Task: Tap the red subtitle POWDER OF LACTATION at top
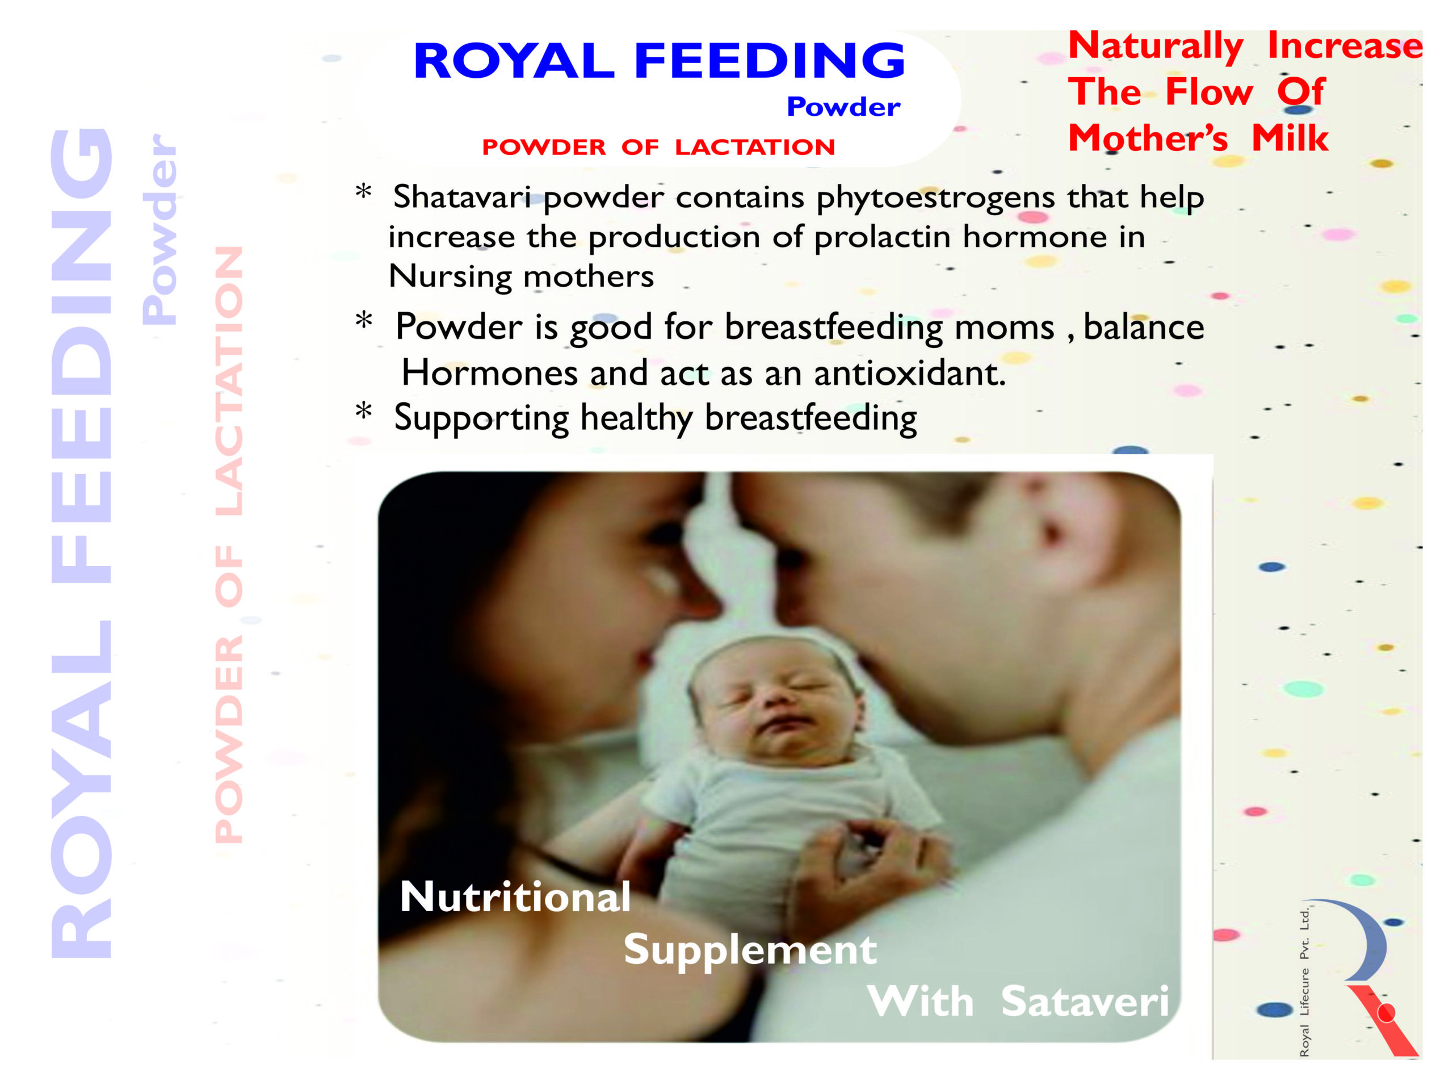(659, 147)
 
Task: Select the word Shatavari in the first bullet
(463, 196)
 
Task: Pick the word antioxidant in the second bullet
(910, 372)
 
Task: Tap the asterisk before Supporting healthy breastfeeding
(363, 411)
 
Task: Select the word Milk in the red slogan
(1290, 139)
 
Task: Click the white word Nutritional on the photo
(515, 897)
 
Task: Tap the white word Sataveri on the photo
(1085, 1001)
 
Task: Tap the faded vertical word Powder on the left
(159, 229)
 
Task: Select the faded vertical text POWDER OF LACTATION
(229, 544)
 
